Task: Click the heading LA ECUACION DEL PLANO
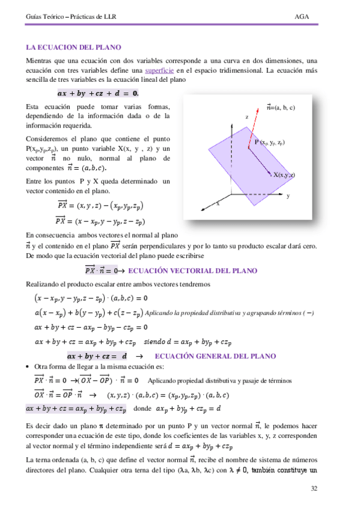click(73, 47)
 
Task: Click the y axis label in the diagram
click(288, 196)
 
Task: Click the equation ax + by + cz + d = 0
click(98, 93)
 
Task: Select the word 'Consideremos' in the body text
click(47, 138)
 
